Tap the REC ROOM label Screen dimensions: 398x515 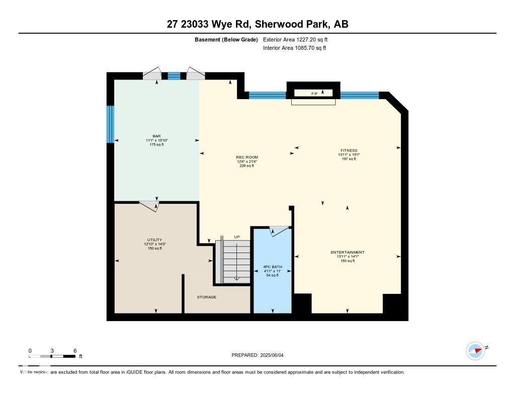coord(247,157)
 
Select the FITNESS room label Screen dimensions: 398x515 coord(349,150)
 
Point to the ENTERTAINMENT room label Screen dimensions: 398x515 coord(348,253)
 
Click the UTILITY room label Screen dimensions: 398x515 coord(154,240)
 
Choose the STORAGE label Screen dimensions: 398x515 coord(206,297)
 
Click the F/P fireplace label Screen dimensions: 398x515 coord(314,93)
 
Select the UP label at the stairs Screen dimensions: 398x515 coord(237,236)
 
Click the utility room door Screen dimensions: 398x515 coord(149,205)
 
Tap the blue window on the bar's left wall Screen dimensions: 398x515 coord(110,124)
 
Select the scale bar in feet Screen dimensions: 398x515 coord(52,356)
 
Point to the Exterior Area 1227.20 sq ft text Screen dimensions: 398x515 coord(295,39)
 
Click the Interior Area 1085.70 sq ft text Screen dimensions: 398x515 coord(294,48)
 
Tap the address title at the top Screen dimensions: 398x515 coord(257,24)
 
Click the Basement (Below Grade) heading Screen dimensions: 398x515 coord(226,39)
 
